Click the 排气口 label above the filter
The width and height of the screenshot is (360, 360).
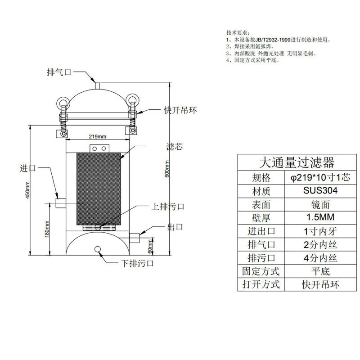tap(59, 72)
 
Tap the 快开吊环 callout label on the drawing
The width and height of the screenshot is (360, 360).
tap(180, 110)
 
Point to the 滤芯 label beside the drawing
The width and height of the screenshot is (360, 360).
tap(175, 147)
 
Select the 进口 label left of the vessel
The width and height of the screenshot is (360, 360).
tap(28, 168)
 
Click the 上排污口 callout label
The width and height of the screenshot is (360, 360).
tap(167, 207)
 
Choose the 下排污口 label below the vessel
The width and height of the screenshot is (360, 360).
tap(137, 263)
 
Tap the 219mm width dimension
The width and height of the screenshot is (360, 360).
tap(98, 137)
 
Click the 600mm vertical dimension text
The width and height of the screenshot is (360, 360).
tap(167, 169)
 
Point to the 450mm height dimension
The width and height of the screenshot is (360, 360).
tap(27, 190)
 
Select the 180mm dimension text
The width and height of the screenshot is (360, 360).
tap(47, 229)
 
